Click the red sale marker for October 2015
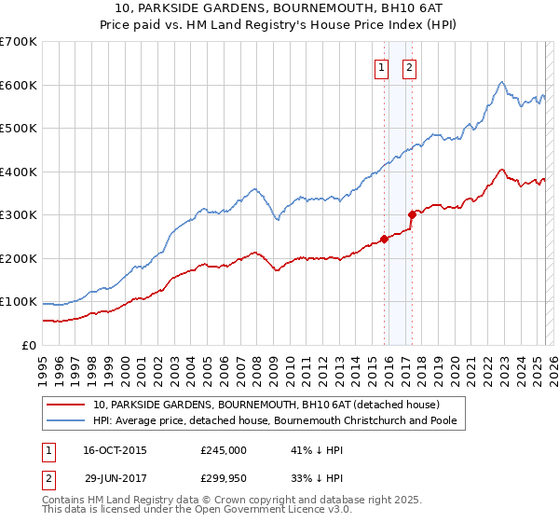point(384,239)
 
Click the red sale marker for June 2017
point(412,214)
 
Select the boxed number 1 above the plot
point(382,66)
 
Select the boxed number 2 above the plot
point(409,66)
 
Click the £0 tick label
point(28,346)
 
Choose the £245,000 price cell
point(224,450)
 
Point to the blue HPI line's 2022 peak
point(501,82)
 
